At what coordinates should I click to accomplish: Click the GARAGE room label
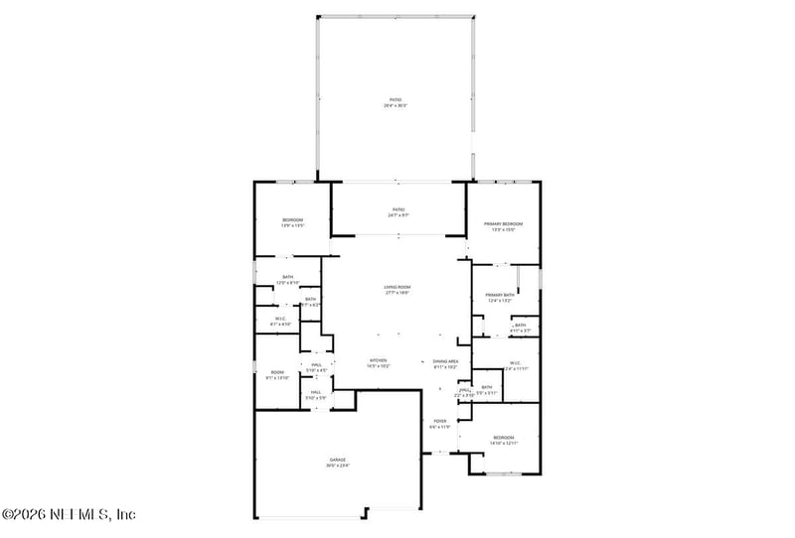338,460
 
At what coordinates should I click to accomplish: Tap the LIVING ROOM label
397,287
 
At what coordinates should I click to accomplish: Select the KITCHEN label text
379,360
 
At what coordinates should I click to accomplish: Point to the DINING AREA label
445,360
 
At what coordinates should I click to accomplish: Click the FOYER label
439,421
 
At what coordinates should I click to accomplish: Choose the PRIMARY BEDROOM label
504,224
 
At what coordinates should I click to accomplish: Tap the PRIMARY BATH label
500,295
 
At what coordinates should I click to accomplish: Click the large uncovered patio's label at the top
396,100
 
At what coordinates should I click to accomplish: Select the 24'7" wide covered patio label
397,209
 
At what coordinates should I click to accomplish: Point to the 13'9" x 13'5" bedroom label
292,219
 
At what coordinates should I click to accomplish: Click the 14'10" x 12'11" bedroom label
504,437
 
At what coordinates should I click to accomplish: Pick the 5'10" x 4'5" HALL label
316,365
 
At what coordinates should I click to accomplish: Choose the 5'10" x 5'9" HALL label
316,392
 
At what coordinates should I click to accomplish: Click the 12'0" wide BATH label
288,278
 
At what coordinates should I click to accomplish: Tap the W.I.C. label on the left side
281,319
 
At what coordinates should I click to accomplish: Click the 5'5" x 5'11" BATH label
487,387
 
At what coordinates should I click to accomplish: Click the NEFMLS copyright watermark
69,514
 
